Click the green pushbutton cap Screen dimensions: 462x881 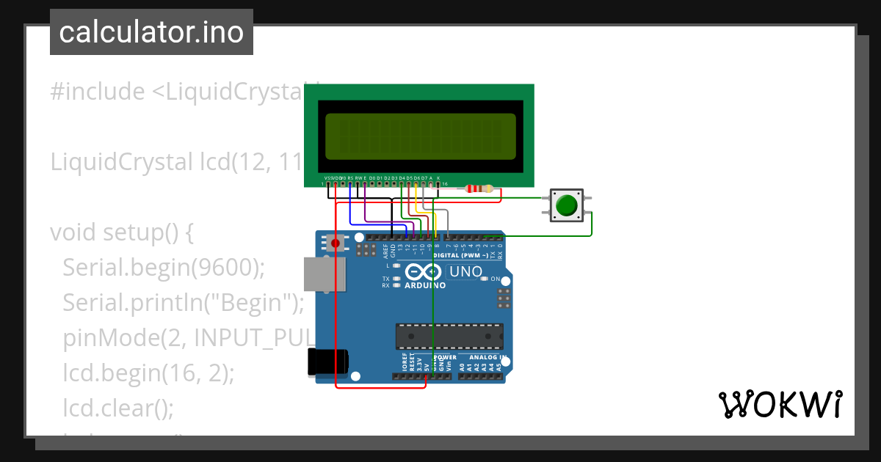(565, 205)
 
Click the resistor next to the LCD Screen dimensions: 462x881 (479, 189)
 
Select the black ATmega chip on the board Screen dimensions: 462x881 (449, 335)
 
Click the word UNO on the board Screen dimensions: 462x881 (465, 272)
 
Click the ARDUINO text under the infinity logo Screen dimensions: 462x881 (425, 285)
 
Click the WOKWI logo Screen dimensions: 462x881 (780, 404)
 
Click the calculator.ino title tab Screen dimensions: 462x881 (151, 32)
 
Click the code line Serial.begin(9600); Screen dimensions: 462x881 (163, 268)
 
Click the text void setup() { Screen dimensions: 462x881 (121, 232)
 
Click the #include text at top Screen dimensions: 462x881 (98, 92)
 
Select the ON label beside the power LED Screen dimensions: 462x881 (496, 279)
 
